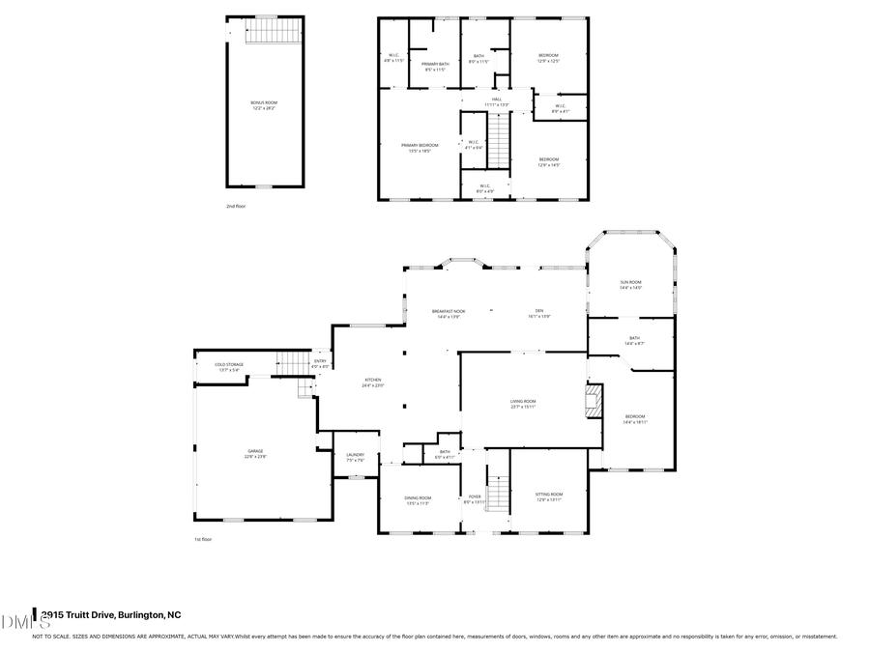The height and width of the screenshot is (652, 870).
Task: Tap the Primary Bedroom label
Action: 420,147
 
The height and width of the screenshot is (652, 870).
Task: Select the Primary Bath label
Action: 435,66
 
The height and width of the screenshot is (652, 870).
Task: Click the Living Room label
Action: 523,403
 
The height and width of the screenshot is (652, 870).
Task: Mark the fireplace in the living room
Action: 594,401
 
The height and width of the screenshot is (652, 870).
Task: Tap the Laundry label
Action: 355,457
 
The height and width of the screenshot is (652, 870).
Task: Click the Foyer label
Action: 475,498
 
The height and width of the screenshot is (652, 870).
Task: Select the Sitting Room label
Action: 548,496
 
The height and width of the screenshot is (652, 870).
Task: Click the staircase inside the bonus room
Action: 264,34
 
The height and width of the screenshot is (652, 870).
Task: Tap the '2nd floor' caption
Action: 236,206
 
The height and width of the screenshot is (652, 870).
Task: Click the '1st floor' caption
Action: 204,540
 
